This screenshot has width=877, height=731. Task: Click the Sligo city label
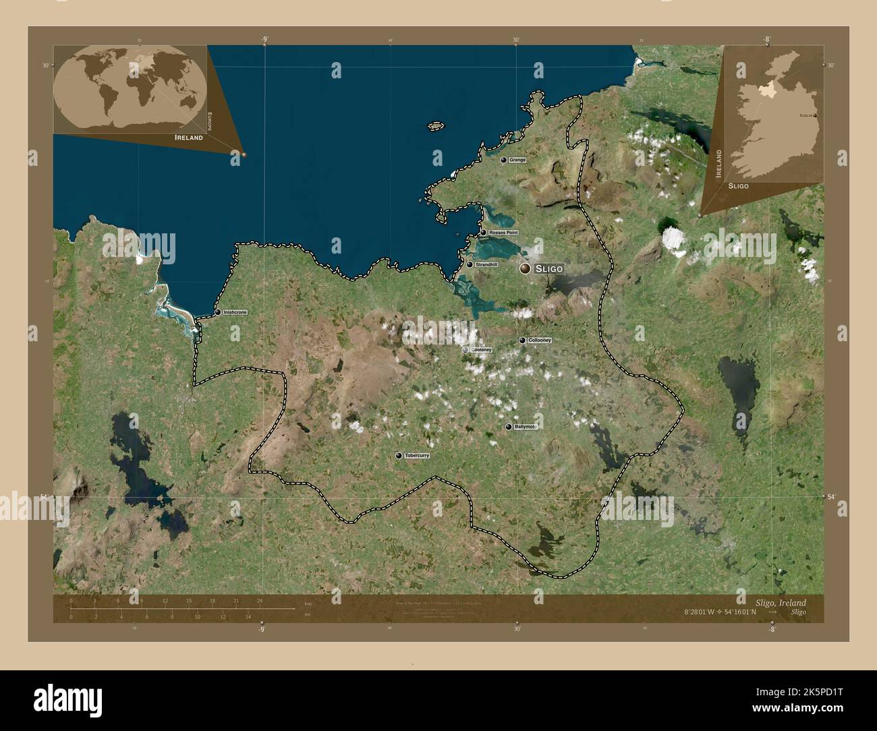click(548, 268)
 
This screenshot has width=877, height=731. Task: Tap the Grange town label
click(517, 160)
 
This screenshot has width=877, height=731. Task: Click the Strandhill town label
click(486, 264)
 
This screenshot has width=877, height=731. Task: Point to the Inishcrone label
click(235, 312)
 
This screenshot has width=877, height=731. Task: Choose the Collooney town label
click(540, 341)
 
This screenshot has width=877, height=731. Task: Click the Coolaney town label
click(482, 350)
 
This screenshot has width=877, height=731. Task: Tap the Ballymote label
click(524, 427)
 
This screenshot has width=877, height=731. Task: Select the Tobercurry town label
click(417, 456)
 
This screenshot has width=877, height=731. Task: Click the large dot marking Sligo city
click(525, 268)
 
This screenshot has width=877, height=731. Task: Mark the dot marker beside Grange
click(503, 160)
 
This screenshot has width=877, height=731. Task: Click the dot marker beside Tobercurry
click(399, 456)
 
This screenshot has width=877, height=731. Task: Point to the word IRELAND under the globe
click(188, 138)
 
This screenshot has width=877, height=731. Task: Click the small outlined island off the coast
click(435, 125)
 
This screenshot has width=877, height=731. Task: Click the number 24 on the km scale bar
click(259, 600)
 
